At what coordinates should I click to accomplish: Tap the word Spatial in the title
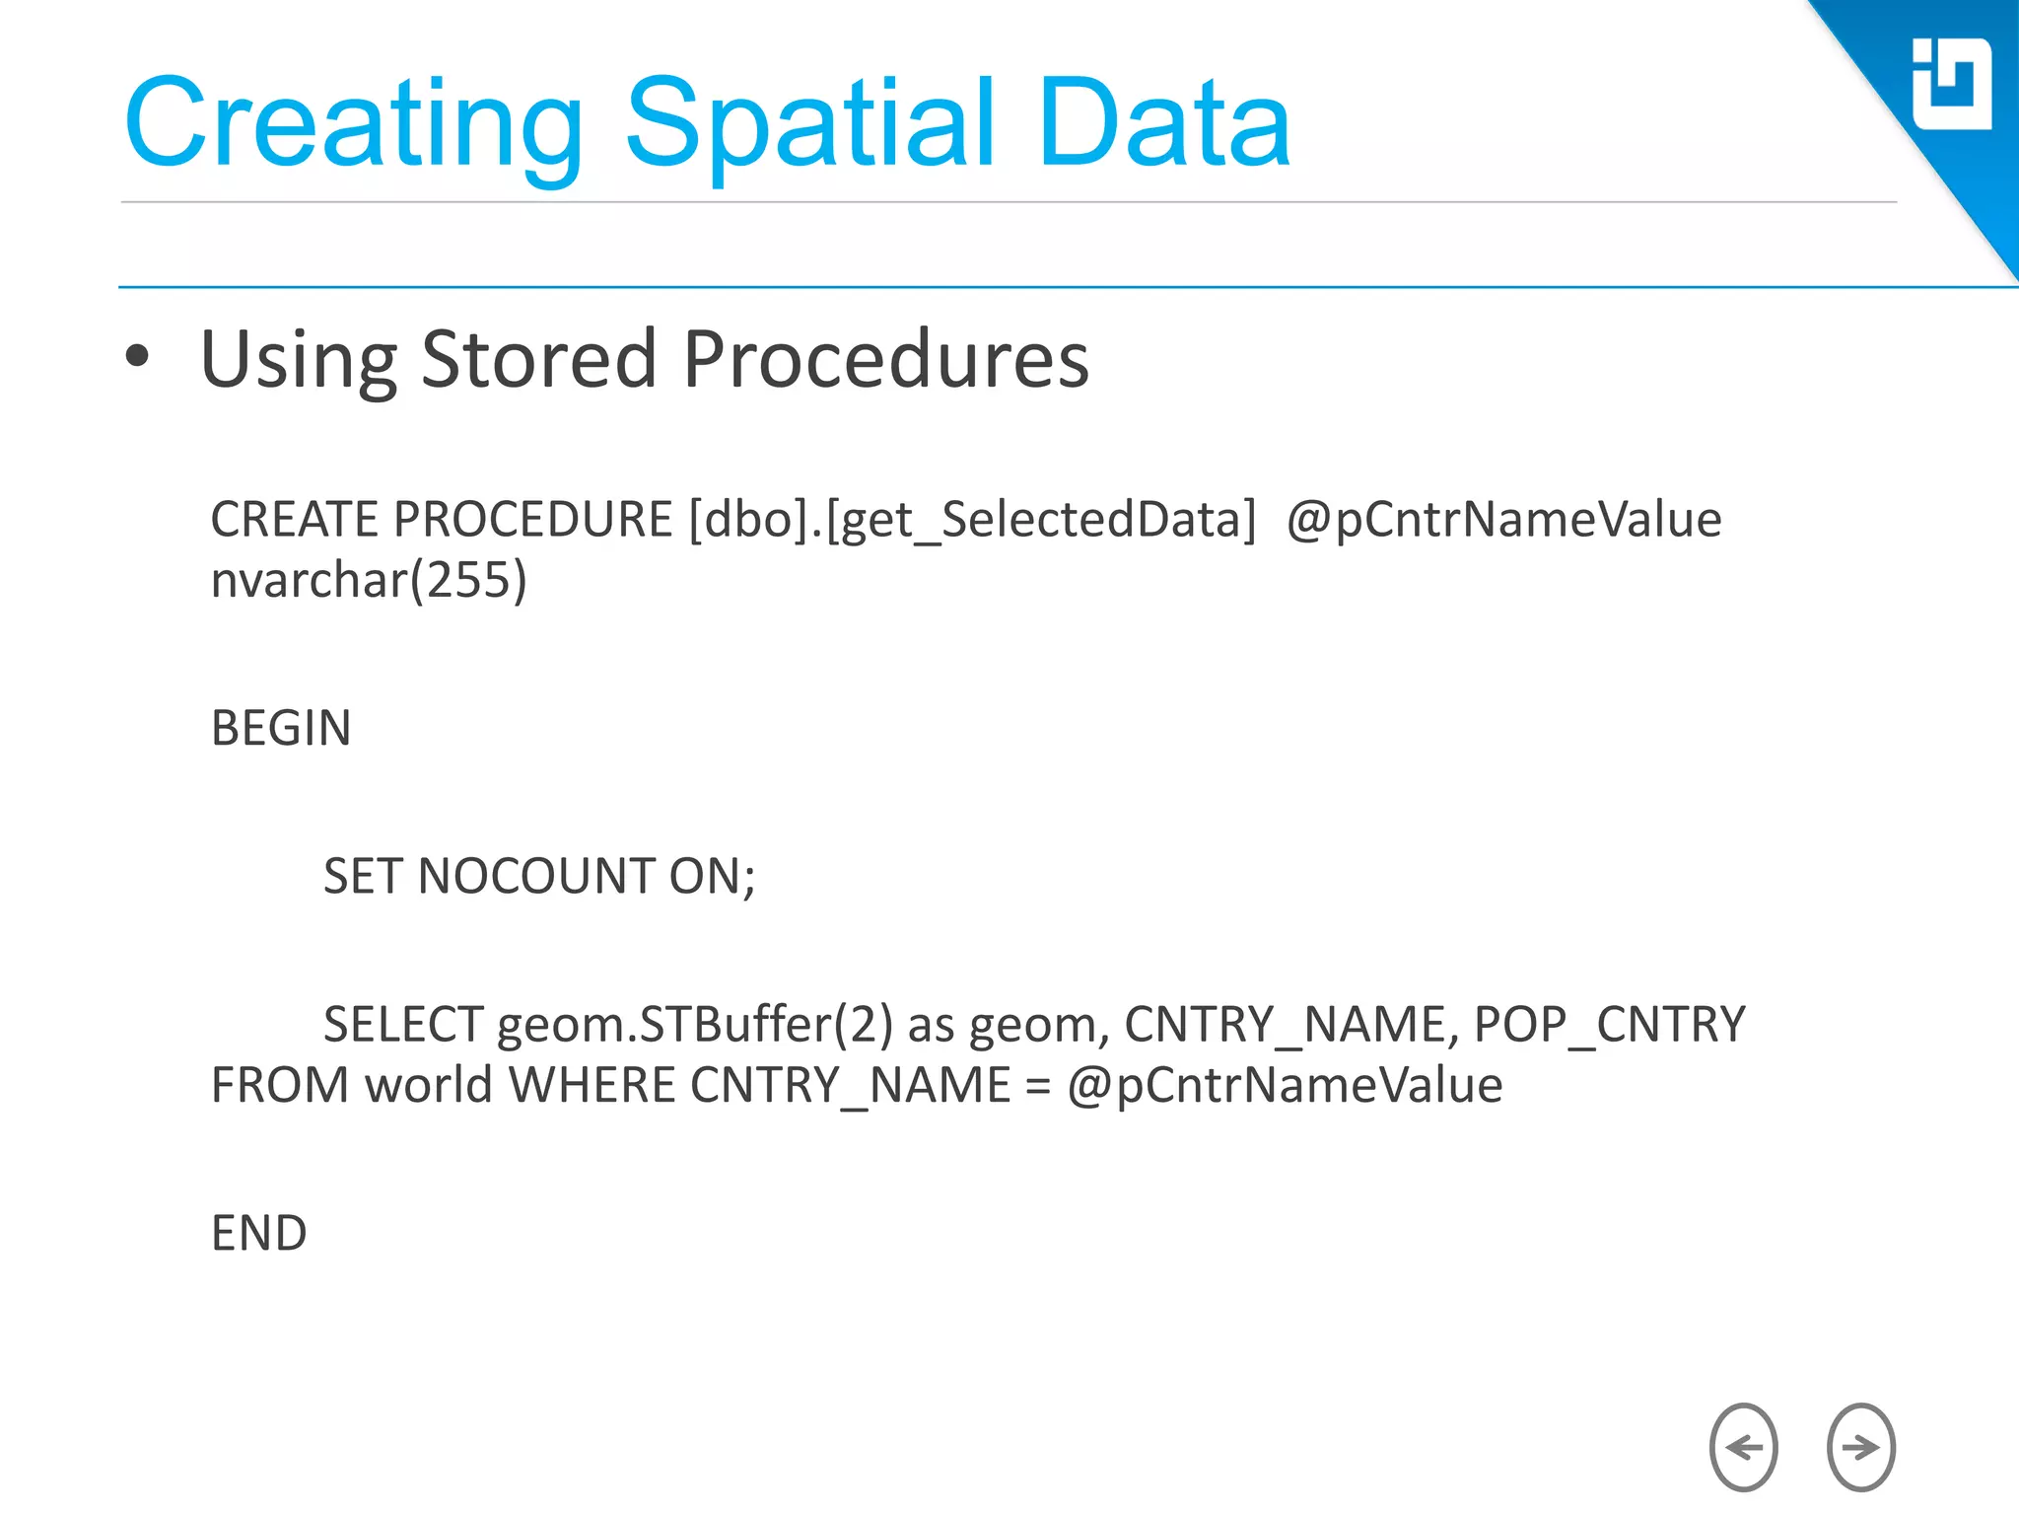coord(808,123)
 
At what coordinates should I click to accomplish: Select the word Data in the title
coord(1163,123)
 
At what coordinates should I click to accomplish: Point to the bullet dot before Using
coord(138,357)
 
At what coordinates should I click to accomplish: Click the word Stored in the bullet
coord(538,359)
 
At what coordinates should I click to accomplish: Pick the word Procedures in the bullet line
coord(885,359)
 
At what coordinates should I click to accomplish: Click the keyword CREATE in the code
coord(293,520)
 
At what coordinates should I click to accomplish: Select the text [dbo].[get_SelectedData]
coord(972,520)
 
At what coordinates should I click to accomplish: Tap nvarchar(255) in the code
coord(369,580)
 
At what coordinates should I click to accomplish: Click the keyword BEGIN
coord(281,728)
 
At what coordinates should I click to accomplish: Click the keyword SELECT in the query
coord(403,1024)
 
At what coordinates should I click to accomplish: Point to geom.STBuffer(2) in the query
coord(694,1024)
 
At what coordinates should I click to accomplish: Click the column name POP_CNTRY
coord(1609,1024)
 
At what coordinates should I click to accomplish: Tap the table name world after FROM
coord(428,1085)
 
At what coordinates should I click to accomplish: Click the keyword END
coord(259,1233)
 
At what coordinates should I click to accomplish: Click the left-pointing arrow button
coord(1743,1447)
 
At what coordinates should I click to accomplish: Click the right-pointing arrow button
coord(1860,1447)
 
